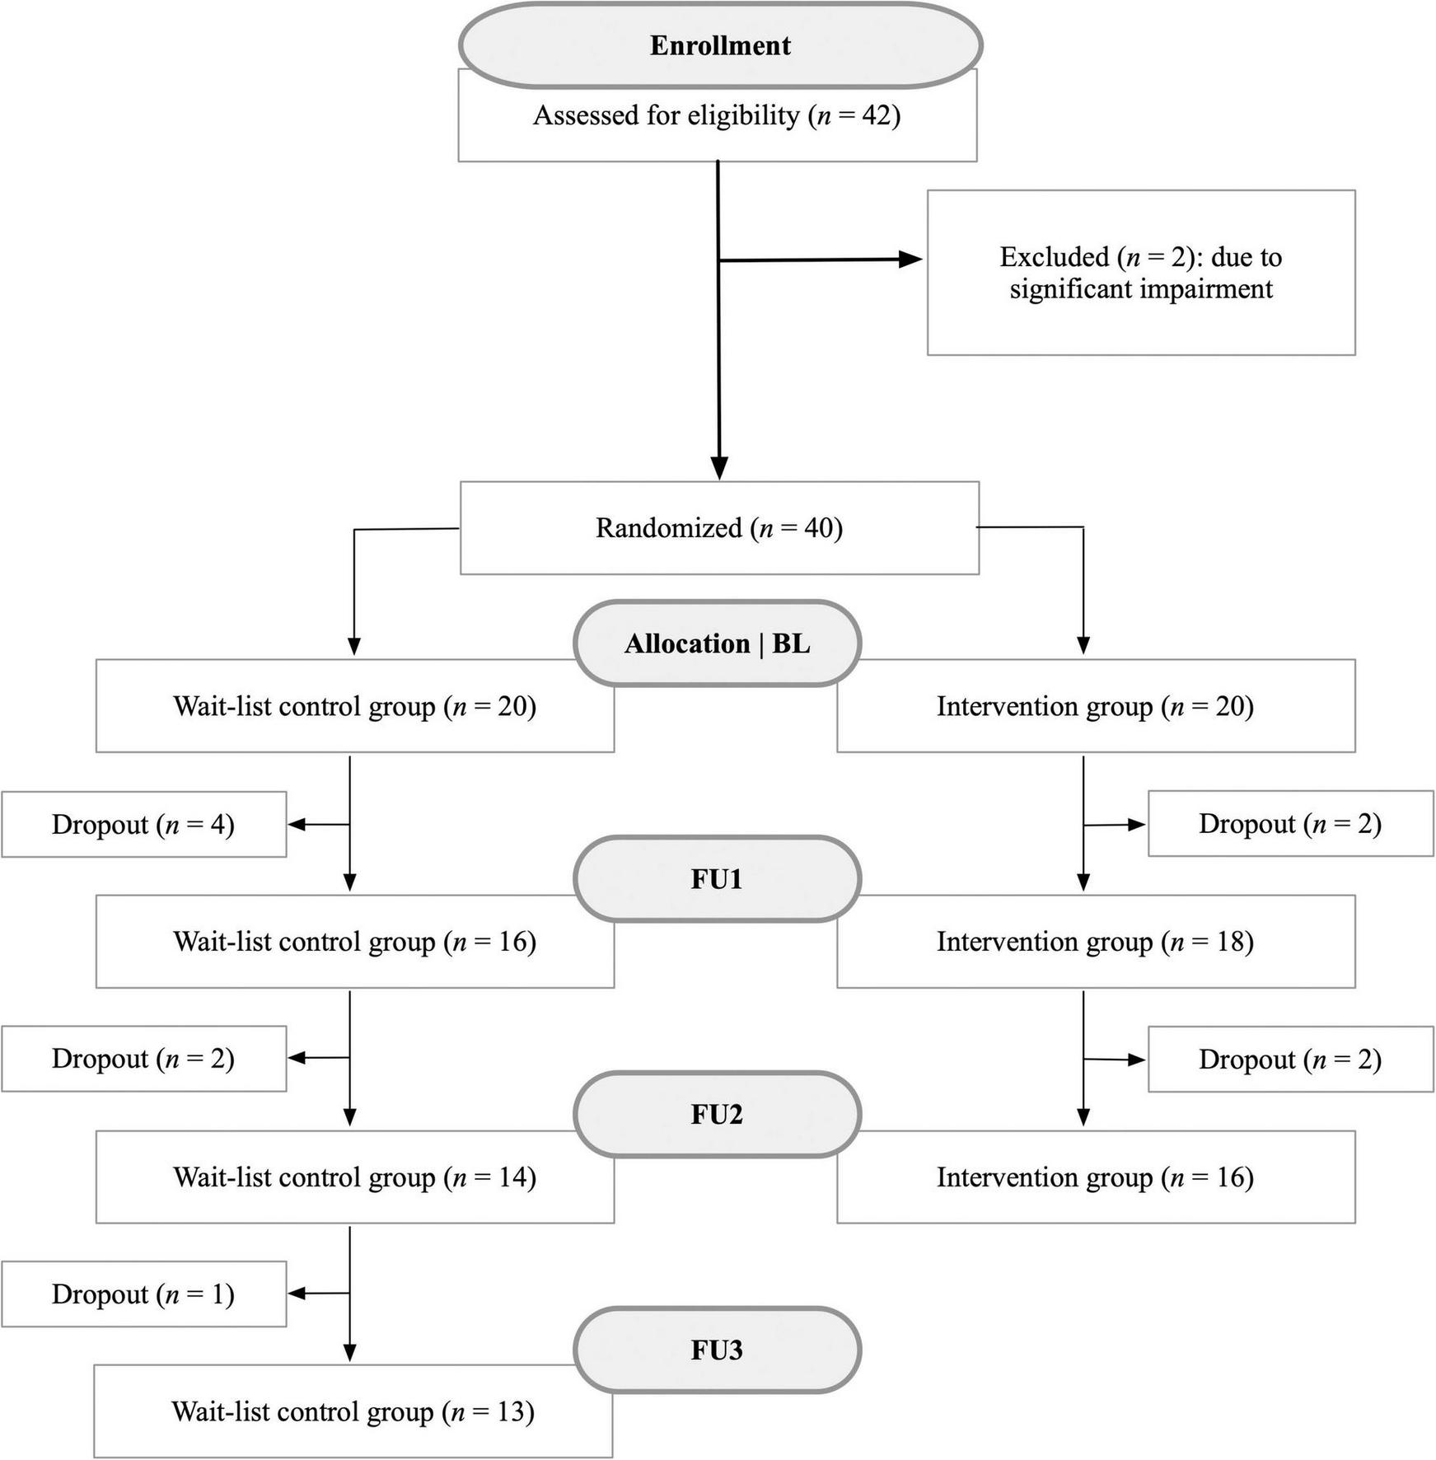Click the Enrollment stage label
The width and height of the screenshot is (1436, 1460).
(719, 45)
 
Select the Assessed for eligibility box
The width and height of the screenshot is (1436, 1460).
(717, 116)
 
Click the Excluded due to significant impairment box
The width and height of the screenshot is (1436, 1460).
(1140, 273)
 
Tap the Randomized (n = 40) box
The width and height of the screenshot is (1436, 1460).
(718, 528)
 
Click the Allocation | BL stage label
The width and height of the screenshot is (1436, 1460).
(717, 643)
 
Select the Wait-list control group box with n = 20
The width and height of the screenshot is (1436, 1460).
(354, 707)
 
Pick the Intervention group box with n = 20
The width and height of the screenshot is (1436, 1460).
(1095, 707)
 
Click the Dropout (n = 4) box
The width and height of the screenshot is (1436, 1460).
(143, 825)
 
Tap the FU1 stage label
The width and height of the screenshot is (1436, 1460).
(717, 879)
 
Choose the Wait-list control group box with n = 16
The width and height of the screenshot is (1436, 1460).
(354, 942)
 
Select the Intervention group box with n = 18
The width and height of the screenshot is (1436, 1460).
(1095, 942)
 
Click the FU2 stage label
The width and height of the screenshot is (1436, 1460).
(717, 1114)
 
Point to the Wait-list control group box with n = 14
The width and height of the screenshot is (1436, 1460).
(354, 1177)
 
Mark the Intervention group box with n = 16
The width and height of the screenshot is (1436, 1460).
(1095, 1177)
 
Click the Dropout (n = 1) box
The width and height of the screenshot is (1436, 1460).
(143, 1294)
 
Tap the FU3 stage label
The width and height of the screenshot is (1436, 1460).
(717, 1350)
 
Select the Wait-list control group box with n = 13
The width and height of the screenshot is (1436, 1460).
(353, 1412)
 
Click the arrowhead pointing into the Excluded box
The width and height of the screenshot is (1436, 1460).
(910, 260)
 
